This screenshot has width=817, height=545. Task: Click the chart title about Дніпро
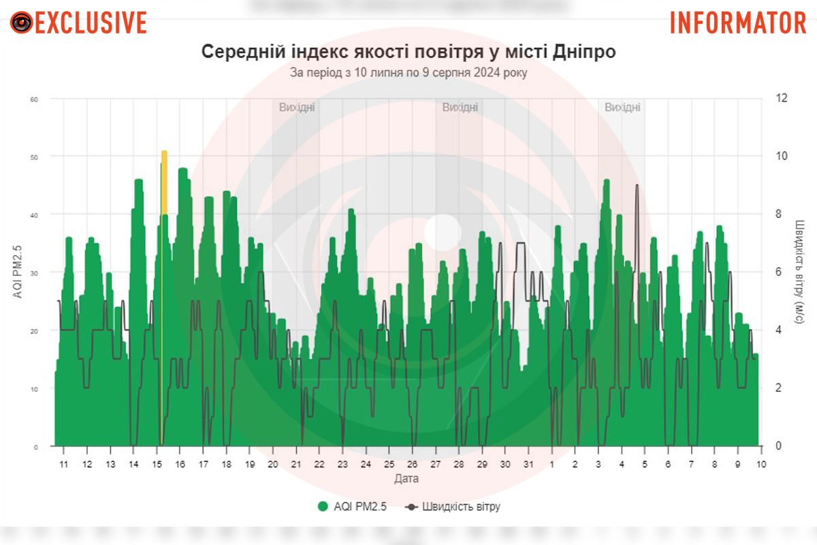[408, 52]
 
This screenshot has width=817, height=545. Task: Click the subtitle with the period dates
[408, 72]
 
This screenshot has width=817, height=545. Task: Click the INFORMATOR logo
[738, 22]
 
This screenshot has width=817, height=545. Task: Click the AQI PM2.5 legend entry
[352, 507]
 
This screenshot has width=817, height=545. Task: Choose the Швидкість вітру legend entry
[453, 507]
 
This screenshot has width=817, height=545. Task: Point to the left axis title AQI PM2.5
[18, 272]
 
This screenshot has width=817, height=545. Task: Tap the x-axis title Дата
[406, 479]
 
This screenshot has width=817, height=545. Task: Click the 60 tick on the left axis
[33, 99]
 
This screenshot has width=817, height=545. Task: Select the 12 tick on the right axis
[782, 98]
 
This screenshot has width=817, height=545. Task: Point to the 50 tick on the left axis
[33, 157]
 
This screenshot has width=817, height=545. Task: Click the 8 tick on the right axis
[782, 214]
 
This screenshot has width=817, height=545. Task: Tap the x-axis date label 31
[528, 464]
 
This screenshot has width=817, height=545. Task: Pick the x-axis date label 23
[342, 464]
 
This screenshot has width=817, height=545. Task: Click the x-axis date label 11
[63, 464]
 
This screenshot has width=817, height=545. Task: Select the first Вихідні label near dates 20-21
[297, 108]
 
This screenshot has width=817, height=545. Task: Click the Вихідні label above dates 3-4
[622, 108]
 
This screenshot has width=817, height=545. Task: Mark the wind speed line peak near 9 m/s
[637, 185]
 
